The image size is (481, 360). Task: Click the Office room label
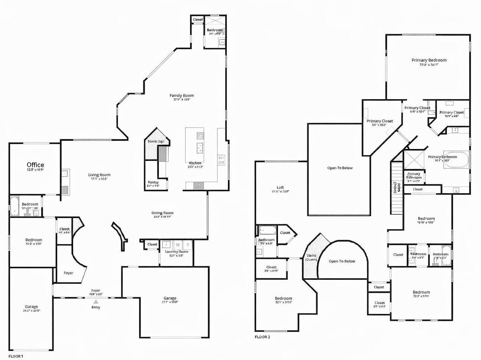pos(35,165)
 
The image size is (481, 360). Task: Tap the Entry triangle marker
pos(96,302)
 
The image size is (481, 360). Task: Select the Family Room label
pos(181,95)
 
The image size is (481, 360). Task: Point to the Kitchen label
pos(195,163)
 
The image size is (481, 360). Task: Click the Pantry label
pos(153,182)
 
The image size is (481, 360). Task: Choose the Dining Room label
pos(162,213)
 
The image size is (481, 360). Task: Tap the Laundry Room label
pos(176,252)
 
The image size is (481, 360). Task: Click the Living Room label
pos(99,175)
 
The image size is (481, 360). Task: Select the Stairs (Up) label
pos(156,142)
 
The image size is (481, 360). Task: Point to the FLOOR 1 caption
pos(16,356)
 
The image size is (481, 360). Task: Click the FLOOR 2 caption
pos(262,337)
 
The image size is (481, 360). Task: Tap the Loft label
pos(280,188)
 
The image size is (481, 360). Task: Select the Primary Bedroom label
pos(429,60)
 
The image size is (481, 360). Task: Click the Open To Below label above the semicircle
pos(342,261)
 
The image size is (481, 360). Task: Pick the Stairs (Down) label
pos(311,257)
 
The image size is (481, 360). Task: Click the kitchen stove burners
pos(221,160)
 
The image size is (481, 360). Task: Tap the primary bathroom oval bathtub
pos(455,160)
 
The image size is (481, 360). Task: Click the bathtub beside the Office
pos(14,206)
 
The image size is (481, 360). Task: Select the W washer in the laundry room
pos(177,245)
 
